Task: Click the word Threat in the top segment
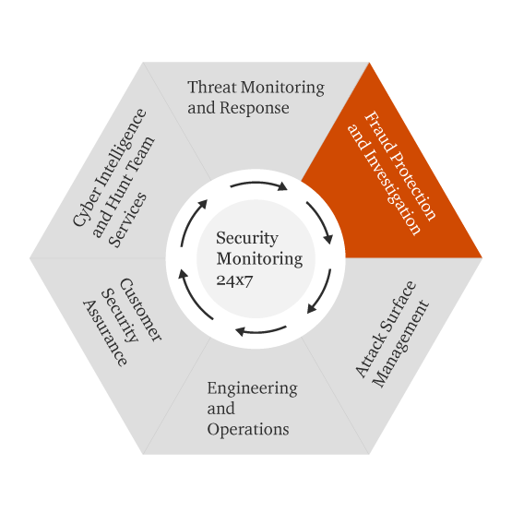click(212, 88)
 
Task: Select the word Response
click(255, 108)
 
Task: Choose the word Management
click(400, 344)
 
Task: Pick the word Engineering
click(253, 389)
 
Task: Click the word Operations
click(248, 429)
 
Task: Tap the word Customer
click(141, 310)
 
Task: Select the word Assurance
click(104, 333)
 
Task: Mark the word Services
click(128, 220)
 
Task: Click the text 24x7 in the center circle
click(234, 280)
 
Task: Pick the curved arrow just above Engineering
click(261, 332)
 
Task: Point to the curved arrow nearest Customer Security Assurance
click(194, 296)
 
